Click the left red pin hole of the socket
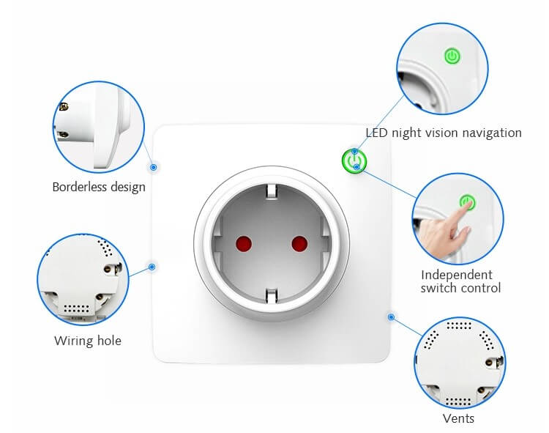244,244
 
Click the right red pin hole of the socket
299,244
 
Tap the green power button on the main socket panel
354,161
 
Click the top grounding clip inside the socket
272,192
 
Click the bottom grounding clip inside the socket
272,295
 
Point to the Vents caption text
458,418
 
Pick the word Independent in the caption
457,275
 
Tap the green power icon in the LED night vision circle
452,56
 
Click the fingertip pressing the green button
466,207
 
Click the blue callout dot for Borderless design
154,168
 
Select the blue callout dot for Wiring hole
152,267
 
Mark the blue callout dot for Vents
391,317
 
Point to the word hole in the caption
109,341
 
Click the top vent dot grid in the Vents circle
459,326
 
